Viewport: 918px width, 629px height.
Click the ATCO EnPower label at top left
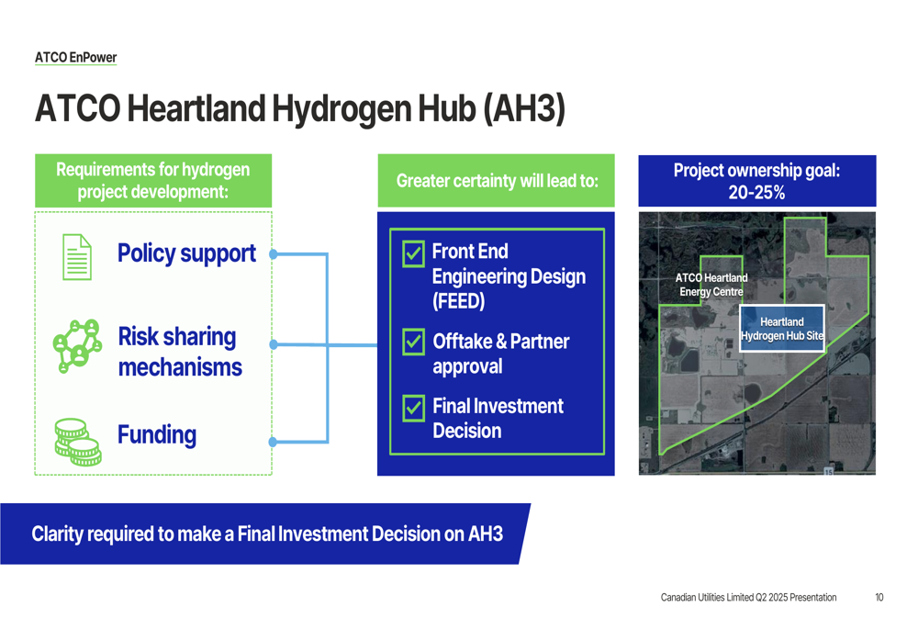75,58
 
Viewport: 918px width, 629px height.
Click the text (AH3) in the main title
524,108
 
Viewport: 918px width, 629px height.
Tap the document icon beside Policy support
77,256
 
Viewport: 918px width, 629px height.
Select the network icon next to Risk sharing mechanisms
77,345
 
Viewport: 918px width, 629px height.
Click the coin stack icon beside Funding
78,443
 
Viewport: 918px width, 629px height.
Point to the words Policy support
186,253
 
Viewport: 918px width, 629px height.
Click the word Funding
157,434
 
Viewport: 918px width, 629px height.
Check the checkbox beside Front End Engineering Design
413,254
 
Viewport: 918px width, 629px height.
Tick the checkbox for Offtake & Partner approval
413,342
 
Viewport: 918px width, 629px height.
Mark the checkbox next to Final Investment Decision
413,409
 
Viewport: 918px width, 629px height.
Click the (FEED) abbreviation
458,301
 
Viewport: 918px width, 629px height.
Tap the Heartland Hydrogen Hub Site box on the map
782,329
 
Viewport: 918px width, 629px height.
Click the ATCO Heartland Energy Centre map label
711,285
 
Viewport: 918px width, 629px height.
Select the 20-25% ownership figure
757,192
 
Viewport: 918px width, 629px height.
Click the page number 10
879,598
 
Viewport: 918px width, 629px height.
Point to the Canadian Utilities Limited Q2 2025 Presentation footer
749,598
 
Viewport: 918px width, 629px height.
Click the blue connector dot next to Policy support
274,254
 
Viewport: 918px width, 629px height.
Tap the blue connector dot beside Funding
274,443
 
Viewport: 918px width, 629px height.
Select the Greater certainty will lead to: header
497,180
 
